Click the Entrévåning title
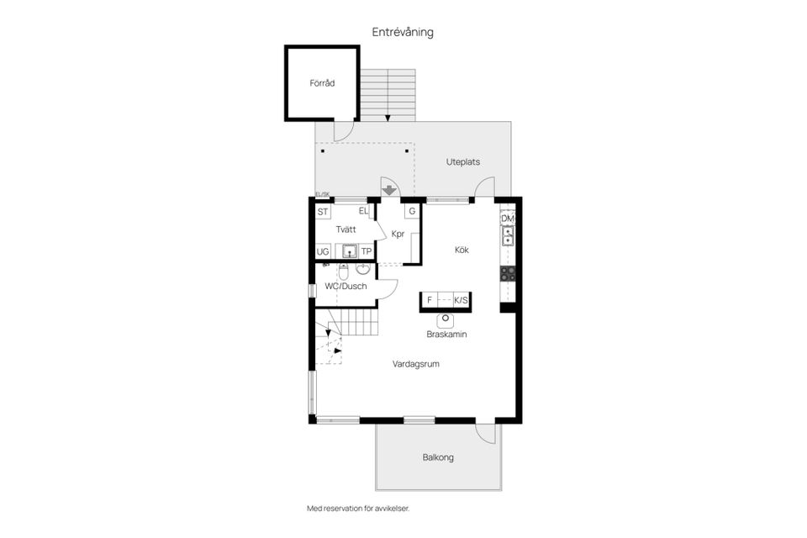(x=403, y=32)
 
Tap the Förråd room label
(x=322, y=83)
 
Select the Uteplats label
(x=462, y=161)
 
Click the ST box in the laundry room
(x=323, y=212)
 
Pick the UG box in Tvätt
(x=323, y=251)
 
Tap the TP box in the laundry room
(x=366, y=251)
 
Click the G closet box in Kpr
(x=412, y=211)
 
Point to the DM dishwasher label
(x=508, y=219)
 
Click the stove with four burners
(x=508, y=273)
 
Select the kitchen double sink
(x=508, y=235)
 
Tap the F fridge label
(x=430, y=299)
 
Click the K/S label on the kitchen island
(x=462, y=299)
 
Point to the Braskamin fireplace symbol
(x=446, y=320)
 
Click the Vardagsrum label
(x=416, y=364)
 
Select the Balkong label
(x=438, y=457)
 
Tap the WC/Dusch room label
(x=345, y=287)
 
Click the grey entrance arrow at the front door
(x=389, y=190)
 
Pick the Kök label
(x=462, y=250)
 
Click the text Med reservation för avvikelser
(x=358, y=509)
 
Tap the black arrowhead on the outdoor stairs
(x=388, y=119)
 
